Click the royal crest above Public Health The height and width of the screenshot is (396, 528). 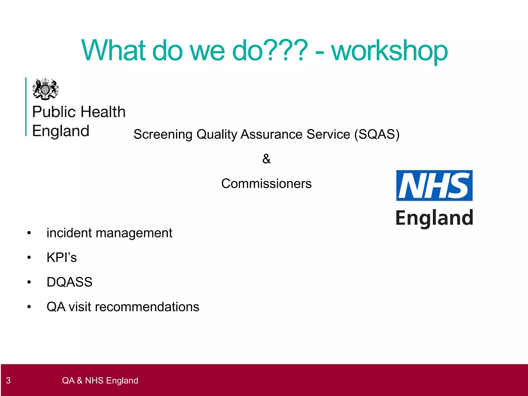[x=46, y=89]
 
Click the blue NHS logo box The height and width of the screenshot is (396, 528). [x=434, y=185]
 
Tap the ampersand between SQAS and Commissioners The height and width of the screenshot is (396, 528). [x=266, y=159]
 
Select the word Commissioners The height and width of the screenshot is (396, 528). [x=266, y=184]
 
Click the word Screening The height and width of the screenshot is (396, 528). [x=163, y=135]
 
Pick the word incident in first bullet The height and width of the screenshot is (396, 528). [x=69, y=233]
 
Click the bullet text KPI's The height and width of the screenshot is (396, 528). [x=62, y=257]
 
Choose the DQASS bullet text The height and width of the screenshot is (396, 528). [x=69, y=282]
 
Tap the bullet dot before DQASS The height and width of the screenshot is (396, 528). [x=29, y=282]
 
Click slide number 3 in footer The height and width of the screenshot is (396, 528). [x=8, y=381]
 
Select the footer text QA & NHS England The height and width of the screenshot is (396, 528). [x=100, y=381]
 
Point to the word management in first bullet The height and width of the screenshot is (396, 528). [x=134, y=233]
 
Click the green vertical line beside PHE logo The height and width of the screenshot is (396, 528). [x=26, y=106]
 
